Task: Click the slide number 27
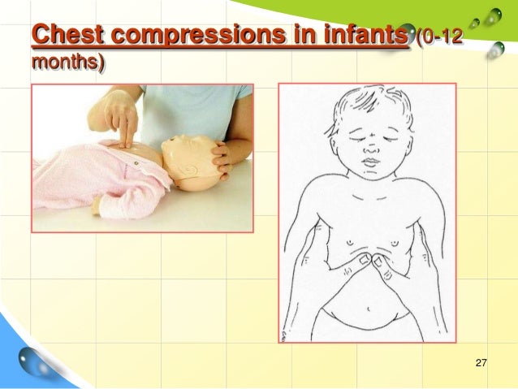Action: [x=480, y=361]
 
